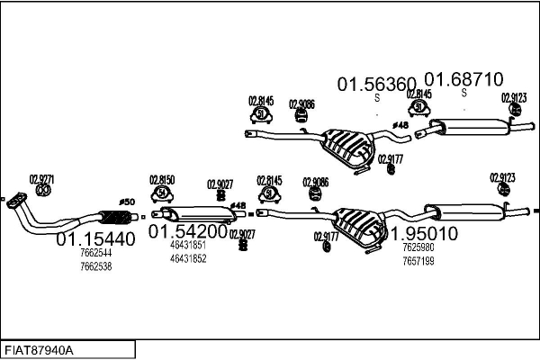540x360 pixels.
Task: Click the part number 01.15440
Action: [96, 240]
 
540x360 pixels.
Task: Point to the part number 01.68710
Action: [463, 80]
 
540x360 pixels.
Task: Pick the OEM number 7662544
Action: [95, 254]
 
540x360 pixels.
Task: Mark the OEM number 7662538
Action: [95, 266]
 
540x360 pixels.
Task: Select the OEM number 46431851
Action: [187, 245]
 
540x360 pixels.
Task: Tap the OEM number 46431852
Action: [187, 258]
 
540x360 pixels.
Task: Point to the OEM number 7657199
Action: [418, 261]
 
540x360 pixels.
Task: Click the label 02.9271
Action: [41, 178]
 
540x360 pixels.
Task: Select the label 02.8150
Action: [162, 179]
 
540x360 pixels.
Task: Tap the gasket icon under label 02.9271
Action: [41, 192]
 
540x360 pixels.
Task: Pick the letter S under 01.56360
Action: [377, 97]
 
